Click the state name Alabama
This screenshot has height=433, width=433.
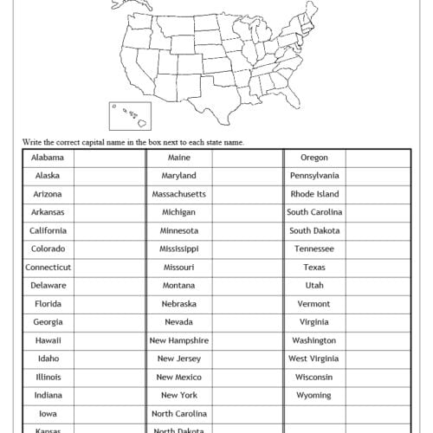pos(48,158)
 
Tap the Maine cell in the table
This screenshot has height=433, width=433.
pos(178,158)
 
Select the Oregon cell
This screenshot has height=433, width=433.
pos(314,158)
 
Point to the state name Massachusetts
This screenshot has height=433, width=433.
pos(178,195)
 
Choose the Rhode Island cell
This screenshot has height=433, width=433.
pos(314,195)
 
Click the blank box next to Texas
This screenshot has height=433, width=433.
pos(377,268)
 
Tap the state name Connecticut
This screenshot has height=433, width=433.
pos(48,268)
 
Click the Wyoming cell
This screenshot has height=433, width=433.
pos(314,396)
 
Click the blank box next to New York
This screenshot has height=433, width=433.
pos(246,396)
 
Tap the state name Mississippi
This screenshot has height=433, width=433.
pos(178,249)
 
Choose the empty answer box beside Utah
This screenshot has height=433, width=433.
pos(377,286)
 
